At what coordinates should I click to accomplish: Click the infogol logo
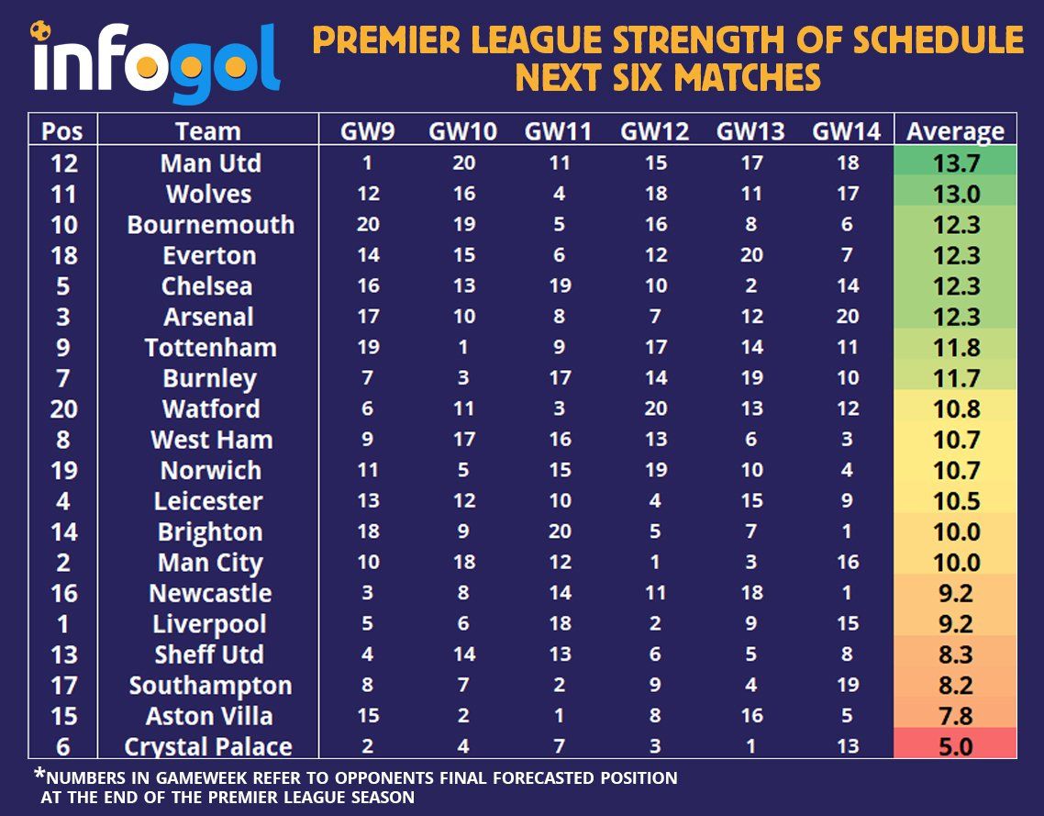155,61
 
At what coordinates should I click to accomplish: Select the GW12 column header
654,131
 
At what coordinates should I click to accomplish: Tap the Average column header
955,132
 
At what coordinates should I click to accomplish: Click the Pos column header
62,131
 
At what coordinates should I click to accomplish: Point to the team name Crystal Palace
207,747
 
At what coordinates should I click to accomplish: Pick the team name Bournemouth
210,225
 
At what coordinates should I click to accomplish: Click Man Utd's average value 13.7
956,163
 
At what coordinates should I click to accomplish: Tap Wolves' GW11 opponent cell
560,194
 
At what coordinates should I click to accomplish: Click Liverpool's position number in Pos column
62,624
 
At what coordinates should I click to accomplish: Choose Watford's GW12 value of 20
655,408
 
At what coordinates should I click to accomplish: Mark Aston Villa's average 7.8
955,716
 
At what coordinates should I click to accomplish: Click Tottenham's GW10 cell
463,347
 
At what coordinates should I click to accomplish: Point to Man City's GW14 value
848,563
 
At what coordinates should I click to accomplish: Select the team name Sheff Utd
209,654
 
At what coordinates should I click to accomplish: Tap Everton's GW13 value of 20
751,255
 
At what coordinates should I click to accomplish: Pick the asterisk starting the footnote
40,775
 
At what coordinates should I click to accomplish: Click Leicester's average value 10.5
956,501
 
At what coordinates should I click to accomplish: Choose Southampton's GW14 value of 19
848,685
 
